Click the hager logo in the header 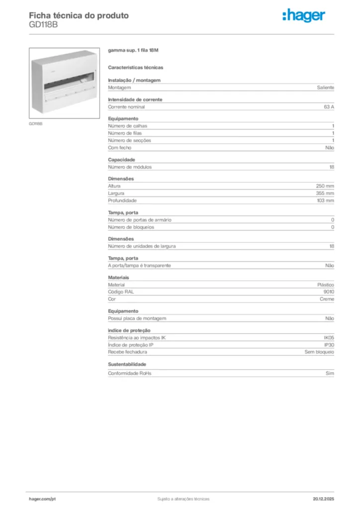pos(303,16)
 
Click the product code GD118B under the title pos(43,25)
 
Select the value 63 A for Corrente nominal pos(329,107)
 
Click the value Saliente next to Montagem pos(326,87)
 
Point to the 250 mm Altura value pos(325,186)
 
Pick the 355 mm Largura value pos(325,193)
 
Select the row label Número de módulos pos(130,167)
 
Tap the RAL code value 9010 pos(329,292)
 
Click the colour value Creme pos(327,299)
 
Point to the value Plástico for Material pos(326,285)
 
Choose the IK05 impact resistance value pos(329,338)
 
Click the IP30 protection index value pos(329,345)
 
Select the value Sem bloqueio pos(319,352)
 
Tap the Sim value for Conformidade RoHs pos(330,373)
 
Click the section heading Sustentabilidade pos(127,364)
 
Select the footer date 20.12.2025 pos(323,499)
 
